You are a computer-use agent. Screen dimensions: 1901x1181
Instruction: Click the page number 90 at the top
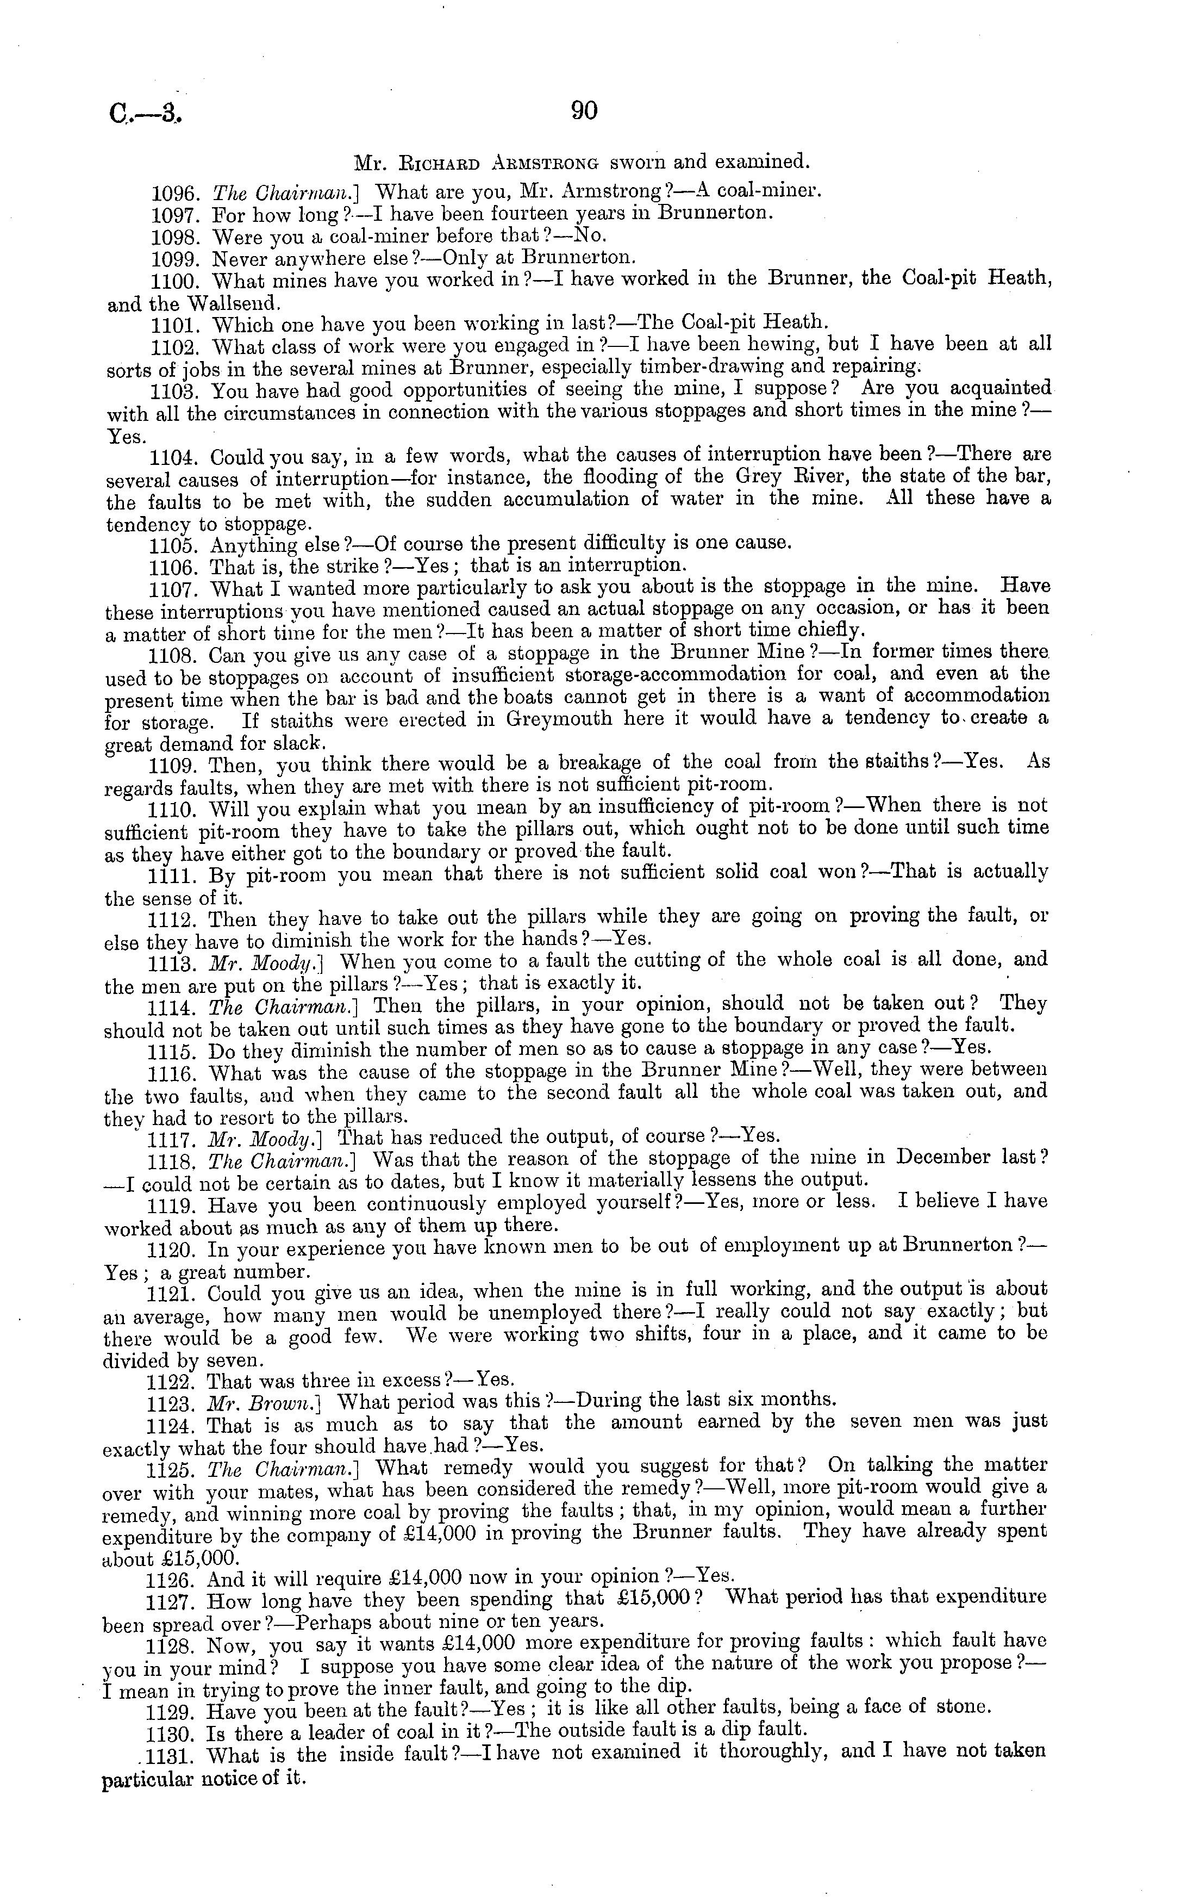pyautogui.click(x=584, y=111)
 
